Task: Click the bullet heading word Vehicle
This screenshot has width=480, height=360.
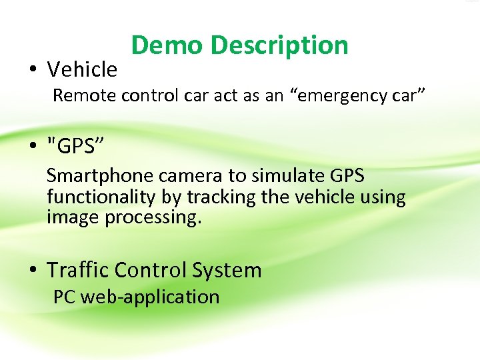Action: [82, 69]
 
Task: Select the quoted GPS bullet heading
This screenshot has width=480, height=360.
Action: [75, 146]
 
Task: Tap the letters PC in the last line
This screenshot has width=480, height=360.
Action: [64, 297]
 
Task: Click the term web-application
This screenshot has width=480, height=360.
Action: [150, 297]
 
